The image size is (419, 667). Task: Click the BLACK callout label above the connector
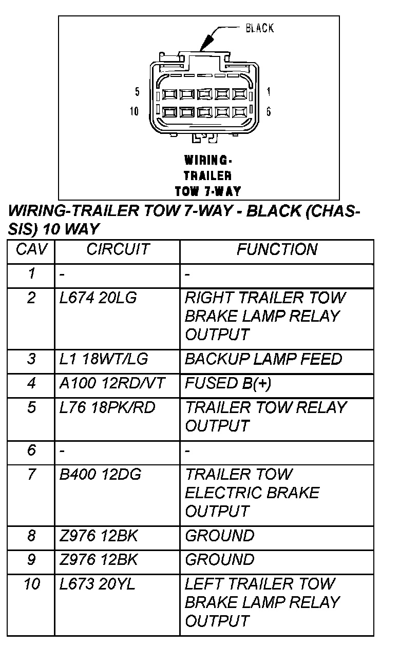(x=259, y=28)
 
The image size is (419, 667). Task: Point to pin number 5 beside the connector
(x=137, y=92)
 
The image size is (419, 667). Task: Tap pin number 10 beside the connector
(x=134, y=111)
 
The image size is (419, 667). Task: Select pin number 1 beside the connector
(x=269, y=92)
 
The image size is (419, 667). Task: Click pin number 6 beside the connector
(x=269, y=111)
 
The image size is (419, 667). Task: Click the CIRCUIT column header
(x=118, y=250)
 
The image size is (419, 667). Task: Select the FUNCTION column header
(x=277, y=250)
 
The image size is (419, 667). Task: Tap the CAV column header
(x=31, y=250)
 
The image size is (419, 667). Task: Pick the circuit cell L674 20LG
(x=98, y=298)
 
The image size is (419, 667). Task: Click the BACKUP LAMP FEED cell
(x=263, y=359)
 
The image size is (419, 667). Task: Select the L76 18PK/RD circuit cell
(x=107, y=408)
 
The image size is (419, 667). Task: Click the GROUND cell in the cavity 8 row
(x=219, y=536)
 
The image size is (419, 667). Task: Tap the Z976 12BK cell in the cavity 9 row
(x=99, y=560)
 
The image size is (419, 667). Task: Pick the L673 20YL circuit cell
(x=97, y=584)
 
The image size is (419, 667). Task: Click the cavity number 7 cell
(x=31, y=475)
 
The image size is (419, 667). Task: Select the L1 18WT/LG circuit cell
(x=104, y=359)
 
